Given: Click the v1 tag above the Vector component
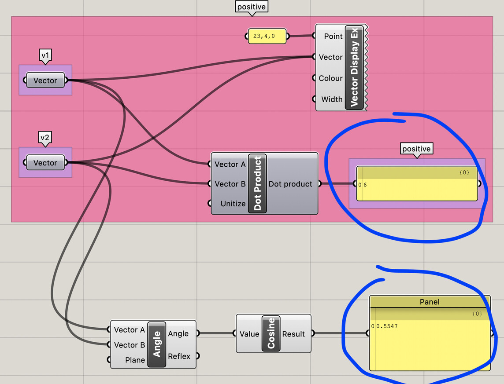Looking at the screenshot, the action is [x=45, y=55].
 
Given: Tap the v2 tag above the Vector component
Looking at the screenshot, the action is [x=45, y=138].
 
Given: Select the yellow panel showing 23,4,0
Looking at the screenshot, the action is [x=267, y=36].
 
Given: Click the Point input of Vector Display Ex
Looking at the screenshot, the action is [x=333, y=36].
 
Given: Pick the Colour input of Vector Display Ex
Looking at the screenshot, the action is [x=330, y=78].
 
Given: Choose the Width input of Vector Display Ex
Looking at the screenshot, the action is [x=332, y=99].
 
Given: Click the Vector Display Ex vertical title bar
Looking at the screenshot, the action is [x=354, y=67].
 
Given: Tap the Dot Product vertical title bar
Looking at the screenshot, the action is [x=257, y=183].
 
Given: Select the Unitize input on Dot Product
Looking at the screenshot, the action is [x=233, y=204].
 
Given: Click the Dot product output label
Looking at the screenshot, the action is [x=290, y=184].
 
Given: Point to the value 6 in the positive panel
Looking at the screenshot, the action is [x=365, y=185].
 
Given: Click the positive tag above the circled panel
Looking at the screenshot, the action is [x=417, y=149].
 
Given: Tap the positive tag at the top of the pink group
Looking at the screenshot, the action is [x=252, y=7].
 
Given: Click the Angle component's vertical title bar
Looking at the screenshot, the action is [x=156, y=344].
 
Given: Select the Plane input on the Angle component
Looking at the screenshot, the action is [x=135, y=360].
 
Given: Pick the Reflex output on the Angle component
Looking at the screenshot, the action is [x=179, y=356].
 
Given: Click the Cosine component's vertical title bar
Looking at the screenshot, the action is [x=271, y=333].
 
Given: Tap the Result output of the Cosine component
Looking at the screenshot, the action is [x=293, y=334].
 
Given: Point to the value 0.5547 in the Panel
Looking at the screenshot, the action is [x=387, y=326].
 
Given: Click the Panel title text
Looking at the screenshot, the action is [x=430, y=302].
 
